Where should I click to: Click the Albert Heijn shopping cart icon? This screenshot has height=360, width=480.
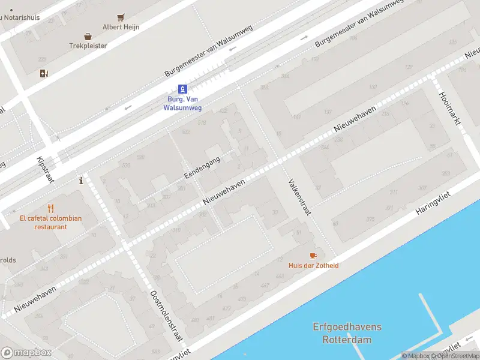point(121,17)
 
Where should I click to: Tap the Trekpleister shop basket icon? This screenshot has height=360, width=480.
point(88,36)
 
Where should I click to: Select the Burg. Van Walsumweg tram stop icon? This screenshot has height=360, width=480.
point(182,89)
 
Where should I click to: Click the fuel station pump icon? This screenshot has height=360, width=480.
point(44,74)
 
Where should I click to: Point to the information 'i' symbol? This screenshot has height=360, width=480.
point(81,180)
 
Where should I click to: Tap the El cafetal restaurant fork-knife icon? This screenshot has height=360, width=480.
point(50,209)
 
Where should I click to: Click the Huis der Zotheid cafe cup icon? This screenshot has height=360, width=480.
point(313,256)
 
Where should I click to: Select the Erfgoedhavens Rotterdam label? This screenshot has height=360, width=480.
point(347,333)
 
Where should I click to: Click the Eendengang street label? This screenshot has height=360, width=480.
point(202,166)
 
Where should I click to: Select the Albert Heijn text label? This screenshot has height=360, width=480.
point(121,27)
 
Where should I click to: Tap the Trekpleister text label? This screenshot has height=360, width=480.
point(88,46)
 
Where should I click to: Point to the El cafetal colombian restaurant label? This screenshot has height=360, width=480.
point(50,223)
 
